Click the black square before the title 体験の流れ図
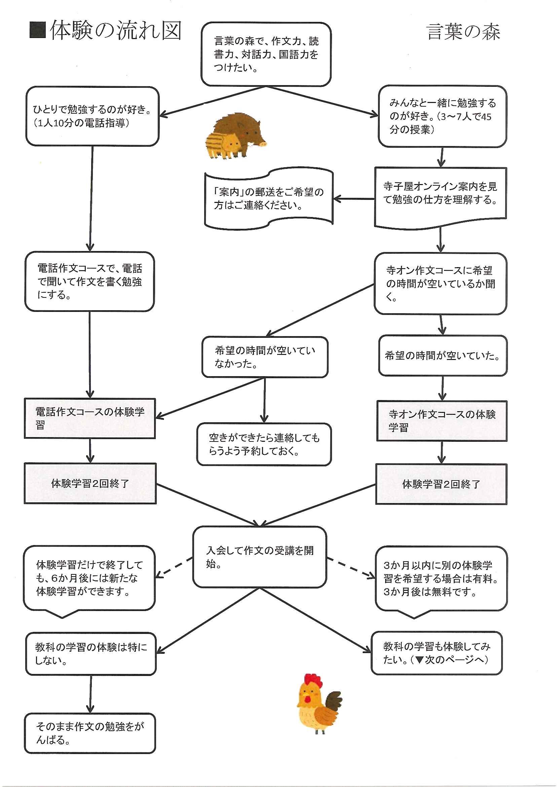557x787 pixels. click(x=38, y=30)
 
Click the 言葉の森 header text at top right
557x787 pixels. click(x=463, y=32)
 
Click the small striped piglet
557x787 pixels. click(x=223, y=145)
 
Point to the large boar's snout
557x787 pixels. click(x=261, y=144)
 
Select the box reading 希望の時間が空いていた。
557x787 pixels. click(x=442, y=355)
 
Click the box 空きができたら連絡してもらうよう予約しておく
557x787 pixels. click(x=264, y=444)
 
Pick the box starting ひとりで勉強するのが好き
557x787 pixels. click(x=92, y=116)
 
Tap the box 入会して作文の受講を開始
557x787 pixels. click(x=260, y=557)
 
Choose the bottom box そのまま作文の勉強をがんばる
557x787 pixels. click(x=90, y=733)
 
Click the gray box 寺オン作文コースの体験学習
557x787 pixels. click(x=442, y=421)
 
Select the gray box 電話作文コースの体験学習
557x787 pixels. click(x=90, y=418)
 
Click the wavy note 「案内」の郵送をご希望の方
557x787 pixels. click(x=269, y=198)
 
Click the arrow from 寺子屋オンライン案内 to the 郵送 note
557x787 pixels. click(x=354, y=199)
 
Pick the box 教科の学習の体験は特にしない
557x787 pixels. click(x=91, y=654)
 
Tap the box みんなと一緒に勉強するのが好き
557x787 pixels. click(x=442, y=116)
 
